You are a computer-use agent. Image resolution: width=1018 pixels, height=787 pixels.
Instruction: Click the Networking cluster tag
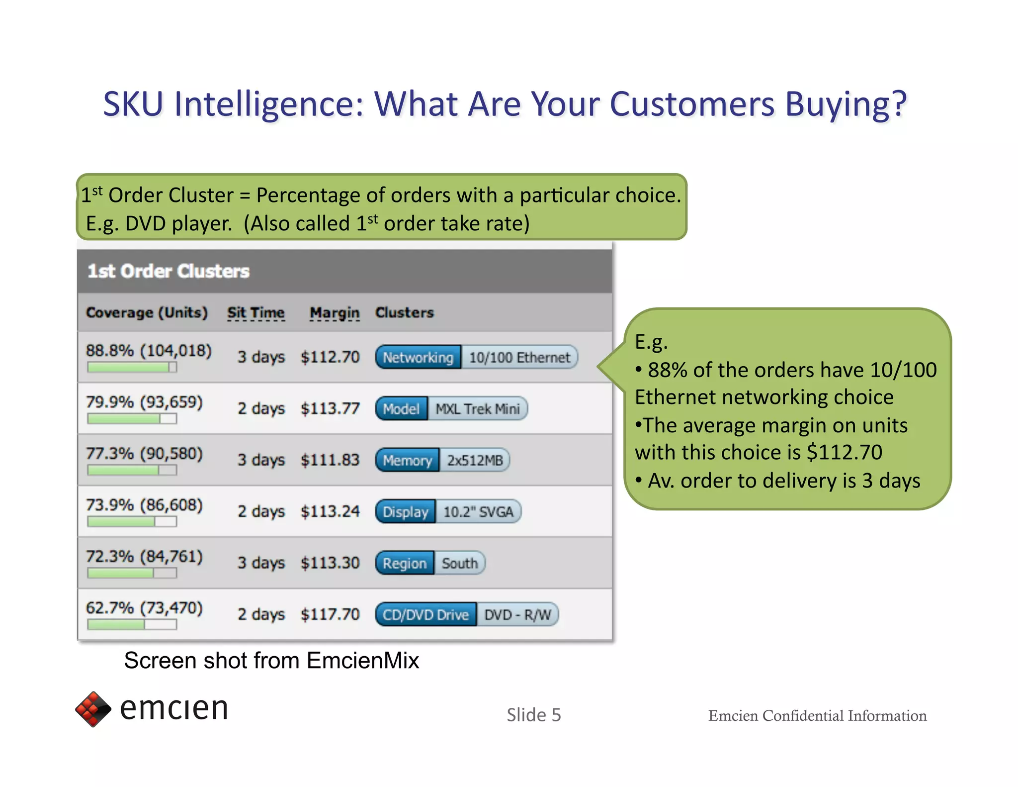(418, 358)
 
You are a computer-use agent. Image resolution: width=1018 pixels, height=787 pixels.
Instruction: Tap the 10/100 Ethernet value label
(519, 358)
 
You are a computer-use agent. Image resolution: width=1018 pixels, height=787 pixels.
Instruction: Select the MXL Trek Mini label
(477, 409)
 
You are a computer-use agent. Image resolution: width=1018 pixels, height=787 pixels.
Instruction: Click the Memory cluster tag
(407, 460)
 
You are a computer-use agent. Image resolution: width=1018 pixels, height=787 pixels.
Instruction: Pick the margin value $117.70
(330, 614)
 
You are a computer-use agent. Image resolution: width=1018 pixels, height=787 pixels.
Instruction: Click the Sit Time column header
(255, 312)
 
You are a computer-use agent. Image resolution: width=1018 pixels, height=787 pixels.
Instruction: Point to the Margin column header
(334, 312)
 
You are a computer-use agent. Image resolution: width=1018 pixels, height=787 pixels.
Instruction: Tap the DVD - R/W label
(517, 615)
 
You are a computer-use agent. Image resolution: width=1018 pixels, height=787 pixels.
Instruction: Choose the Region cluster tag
(405, 563)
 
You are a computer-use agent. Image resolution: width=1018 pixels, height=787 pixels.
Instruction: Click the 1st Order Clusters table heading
(168, 271)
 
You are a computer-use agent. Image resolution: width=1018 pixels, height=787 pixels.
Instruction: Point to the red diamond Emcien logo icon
(93, 709)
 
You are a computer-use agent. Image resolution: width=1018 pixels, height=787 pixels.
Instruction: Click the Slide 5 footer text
(533, 715)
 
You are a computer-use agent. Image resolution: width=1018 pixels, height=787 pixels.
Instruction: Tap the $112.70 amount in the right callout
(844, 452)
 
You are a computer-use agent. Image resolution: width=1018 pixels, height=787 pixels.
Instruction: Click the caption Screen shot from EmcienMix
(271, 661)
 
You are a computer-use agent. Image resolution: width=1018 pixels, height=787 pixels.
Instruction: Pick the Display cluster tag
(405, 512)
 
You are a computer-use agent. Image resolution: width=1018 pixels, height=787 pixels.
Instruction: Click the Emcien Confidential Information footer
(817, 715)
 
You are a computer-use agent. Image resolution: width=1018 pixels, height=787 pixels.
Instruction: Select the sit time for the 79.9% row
(261, 409)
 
